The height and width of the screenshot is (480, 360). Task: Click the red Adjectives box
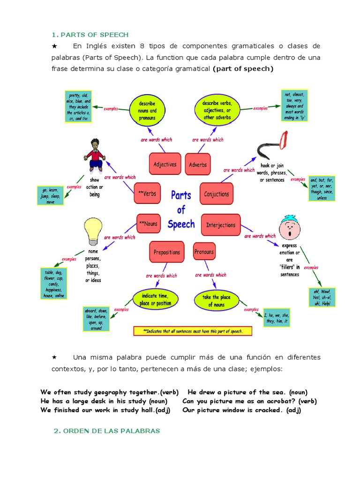pyautogui.click(x=165, y=165)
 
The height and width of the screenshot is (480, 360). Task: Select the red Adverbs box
pyautogui.click(x=197, y=165)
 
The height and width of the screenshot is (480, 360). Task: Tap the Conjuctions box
pyautogui.click(x=217, y=194)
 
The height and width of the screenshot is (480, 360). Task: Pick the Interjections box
pyautogui.click(x=221, y=225)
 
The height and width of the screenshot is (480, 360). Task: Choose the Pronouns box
pyautogui.click(x=204, y=252)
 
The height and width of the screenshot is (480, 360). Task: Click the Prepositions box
pyautogui.click(x=166, y=252)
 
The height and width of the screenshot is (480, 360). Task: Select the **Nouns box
pyautogui.click(x=148, y=224)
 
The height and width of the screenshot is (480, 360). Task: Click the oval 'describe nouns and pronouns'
pyautogui.click(x=147, y=111)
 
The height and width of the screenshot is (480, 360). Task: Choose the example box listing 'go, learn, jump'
pyautogui.click(x=51, y=196)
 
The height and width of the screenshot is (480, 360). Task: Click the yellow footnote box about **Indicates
pyautogui.click(x=193, y=331)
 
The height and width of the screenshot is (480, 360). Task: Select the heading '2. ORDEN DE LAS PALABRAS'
pyautogui.click(x=107, y=431)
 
